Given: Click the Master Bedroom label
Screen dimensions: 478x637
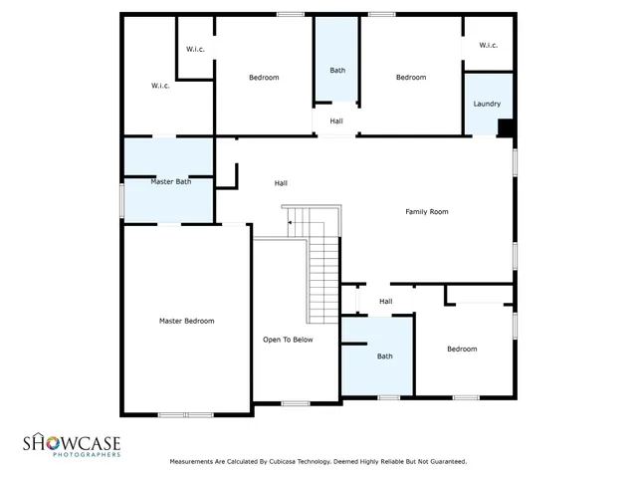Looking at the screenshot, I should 186,321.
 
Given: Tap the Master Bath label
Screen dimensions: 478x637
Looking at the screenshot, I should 170,181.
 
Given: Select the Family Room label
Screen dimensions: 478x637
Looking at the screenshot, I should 426,212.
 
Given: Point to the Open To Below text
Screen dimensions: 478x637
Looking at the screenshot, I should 288,340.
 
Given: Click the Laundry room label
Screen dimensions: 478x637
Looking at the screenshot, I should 487,105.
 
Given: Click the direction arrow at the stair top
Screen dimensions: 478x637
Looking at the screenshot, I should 290,224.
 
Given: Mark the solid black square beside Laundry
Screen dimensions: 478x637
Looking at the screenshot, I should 506,127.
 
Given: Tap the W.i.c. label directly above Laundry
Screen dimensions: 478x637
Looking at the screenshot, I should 488,45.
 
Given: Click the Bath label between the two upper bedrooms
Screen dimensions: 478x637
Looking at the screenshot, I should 337,70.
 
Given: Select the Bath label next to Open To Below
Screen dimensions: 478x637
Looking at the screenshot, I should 384,356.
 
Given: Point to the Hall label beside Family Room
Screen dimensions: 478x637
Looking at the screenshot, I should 282,183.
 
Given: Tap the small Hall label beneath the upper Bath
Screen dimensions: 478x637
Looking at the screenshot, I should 336,121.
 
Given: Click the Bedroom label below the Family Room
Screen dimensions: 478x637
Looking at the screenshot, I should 461,349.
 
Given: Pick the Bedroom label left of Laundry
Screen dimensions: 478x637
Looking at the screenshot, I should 410,78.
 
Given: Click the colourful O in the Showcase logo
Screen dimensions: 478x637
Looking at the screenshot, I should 46,441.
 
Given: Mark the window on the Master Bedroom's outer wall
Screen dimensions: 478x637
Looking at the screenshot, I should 186,414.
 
